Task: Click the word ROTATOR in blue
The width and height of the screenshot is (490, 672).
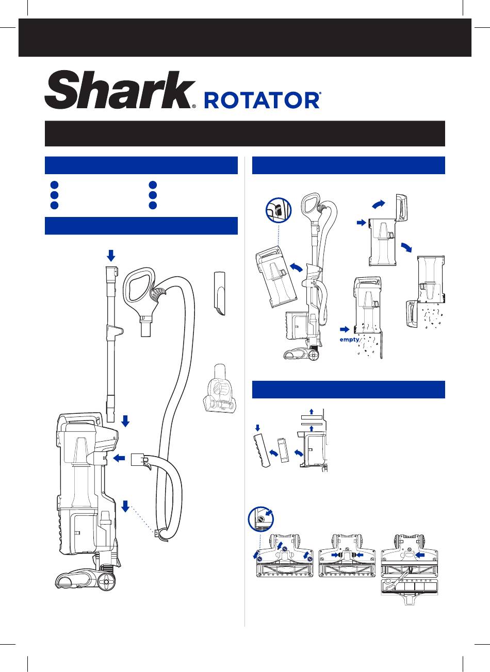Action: (263, 101)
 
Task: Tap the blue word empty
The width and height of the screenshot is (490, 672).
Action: (349, 340)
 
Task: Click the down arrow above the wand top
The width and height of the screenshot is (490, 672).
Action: (111, 256)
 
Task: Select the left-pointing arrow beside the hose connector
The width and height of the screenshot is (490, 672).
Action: (119, 458)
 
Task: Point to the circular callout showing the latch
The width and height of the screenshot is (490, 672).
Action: (279, 210)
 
